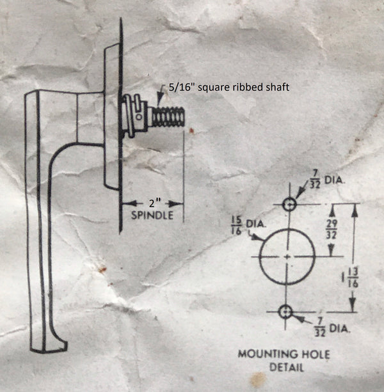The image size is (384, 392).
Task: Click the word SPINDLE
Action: pos(152,216)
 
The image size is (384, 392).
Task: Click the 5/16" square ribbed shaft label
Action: pos(229,87)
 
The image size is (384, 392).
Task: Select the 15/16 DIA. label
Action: pos(248,226)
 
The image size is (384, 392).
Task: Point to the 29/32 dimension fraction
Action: pos(332,229)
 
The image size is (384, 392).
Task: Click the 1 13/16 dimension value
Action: pos(351,278)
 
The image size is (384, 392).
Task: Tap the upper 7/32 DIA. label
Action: pos(326,180)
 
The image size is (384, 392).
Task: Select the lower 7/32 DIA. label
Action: pos(332,327)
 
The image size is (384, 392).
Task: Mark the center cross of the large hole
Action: pos(287,256)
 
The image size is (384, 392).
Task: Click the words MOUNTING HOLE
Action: pos(284,354)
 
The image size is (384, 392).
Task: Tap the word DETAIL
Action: pos(287,367)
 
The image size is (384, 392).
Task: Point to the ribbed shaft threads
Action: pos(168,116)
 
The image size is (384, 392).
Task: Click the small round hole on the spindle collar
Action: pos(138,117)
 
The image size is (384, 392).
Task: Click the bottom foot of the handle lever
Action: pos(49,347)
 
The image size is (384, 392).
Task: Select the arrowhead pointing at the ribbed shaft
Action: pos(160,97)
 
